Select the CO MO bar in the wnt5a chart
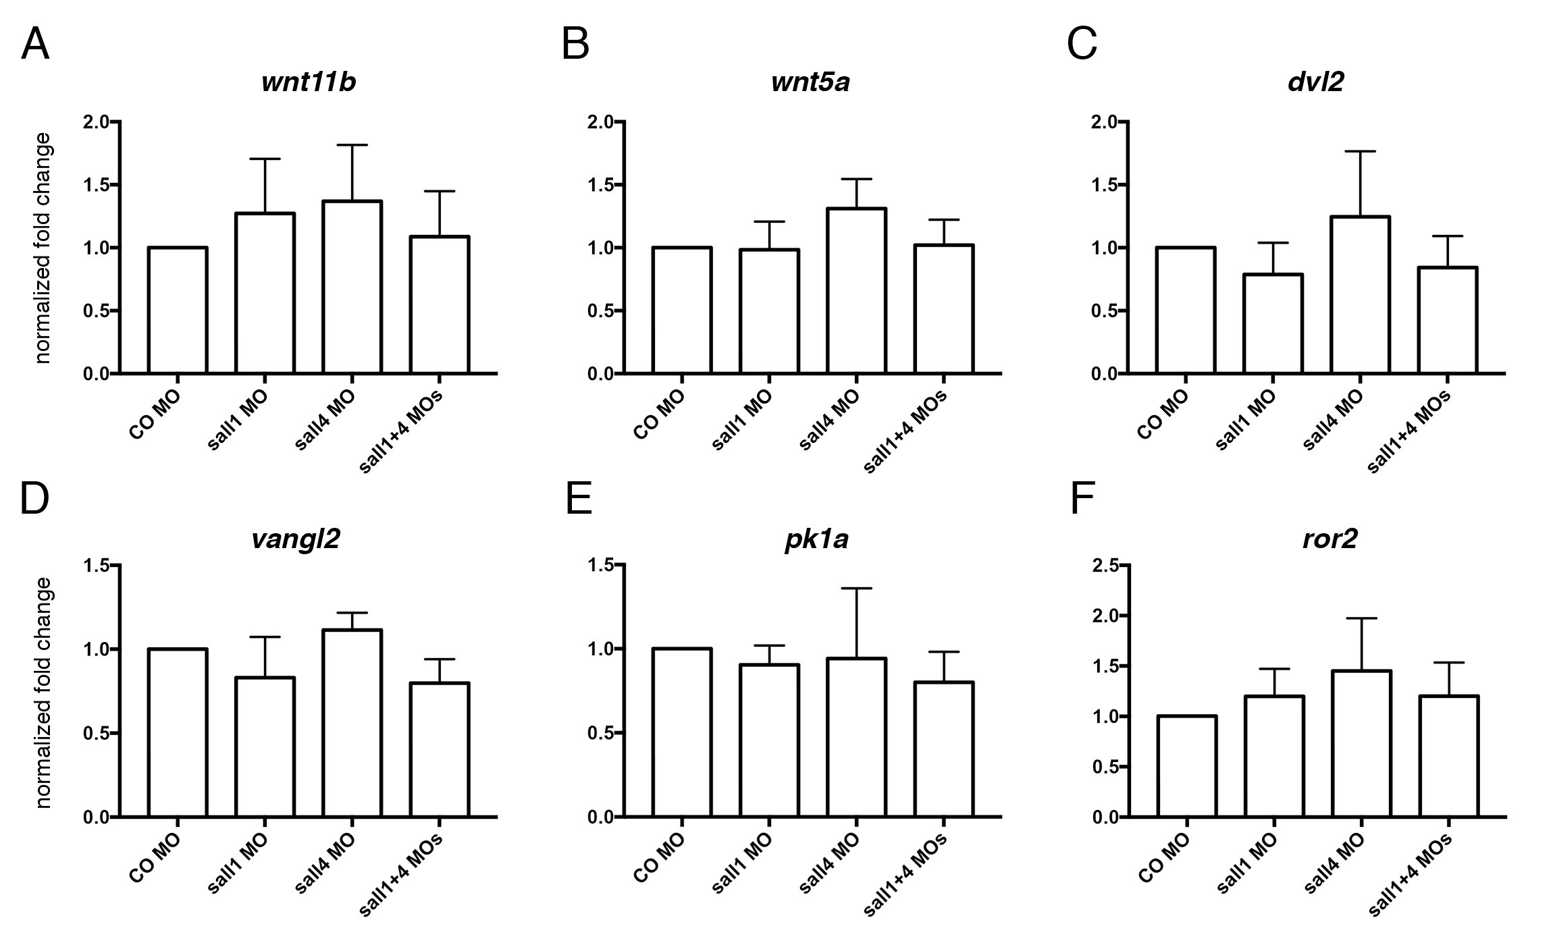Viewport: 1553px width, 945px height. pos(682,310)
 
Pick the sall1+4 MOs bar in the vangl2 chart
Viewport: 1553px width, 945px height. pos(440,749)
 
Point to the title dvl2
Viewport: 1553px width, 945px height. pos(1316,82)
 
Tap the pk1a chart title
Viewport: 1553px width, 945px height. pos(816,541)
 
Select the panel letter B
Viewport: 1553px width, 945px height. pos(575,45)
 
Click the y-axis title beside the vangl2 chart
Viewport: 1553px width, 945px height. pos(43,692)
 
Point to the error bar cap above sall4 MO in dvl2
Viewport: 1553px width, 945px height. pos(1360,151)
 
